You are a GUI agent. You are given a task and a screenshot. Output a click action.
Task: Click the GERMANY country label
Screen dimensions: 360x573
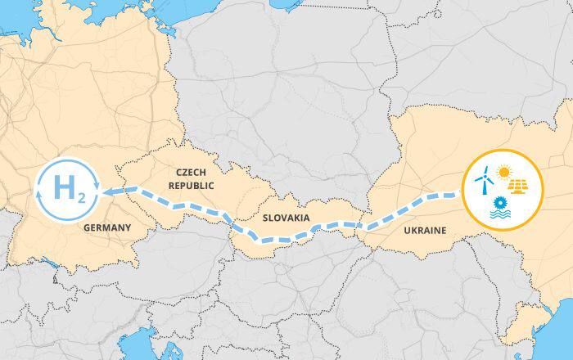[107, 227]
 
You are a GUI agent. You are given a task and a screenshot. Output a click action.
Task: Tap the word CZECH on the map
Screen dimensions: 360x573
[195, 173]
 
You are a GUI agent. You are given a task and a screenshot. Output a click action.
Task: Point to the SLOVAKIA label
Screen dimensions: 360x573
[286, 218]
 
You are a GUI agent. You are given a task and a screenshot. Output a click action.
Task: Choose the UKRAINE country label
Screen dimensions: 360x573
[425, 231]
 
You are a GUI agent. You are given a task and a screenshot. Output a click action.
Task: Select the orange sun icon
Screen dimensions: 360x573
[503, 173]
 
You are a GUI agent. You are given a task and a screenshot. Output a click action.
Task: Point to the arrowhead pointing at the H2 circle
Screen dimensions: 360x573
[108, 191]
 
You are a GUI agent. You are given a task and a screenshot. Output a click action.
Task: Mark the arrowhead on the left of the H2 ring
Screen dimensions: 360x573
[37, 193]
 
